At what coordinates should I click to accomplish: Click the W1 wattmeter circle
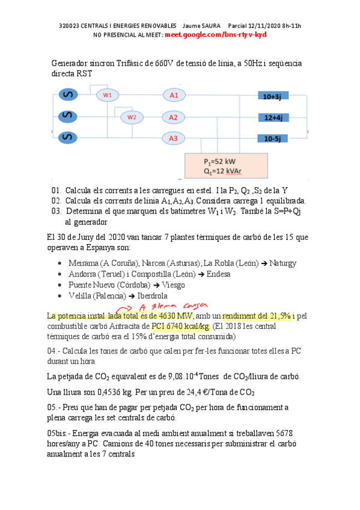pyautogui.click(x=108, y=95)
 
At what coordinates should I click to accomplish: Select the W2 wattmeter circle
pyautogui.click(x=132, y=117)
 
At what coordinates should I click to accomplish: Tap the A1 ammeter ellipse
pyautogui.click(x=173, y=95)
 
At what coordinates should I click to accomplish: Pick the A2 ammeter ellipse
pyautogui.click(x=173, y=117)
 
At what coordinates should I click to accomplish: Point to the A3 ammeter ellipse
pyautogui.click(x=173, y=139)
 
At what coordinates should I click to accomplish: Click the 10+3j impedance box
pyautogui.click(x=273, y=96)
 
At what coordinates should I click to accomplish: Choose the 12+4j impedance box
pyautogui.click(x=273, y=117)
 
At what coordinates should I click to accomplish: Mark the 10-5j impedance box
pyautogui.click(x=273, y=139)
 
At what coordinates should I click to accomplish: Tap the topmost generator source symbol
pyautogui.click(x=69, y=95)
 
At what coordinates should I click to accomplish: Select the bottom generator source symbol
pyautogui.click(x=69, y=138)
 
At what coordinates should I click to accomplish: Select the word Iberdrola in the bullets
pyautogui.click(x=149, y=296)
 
